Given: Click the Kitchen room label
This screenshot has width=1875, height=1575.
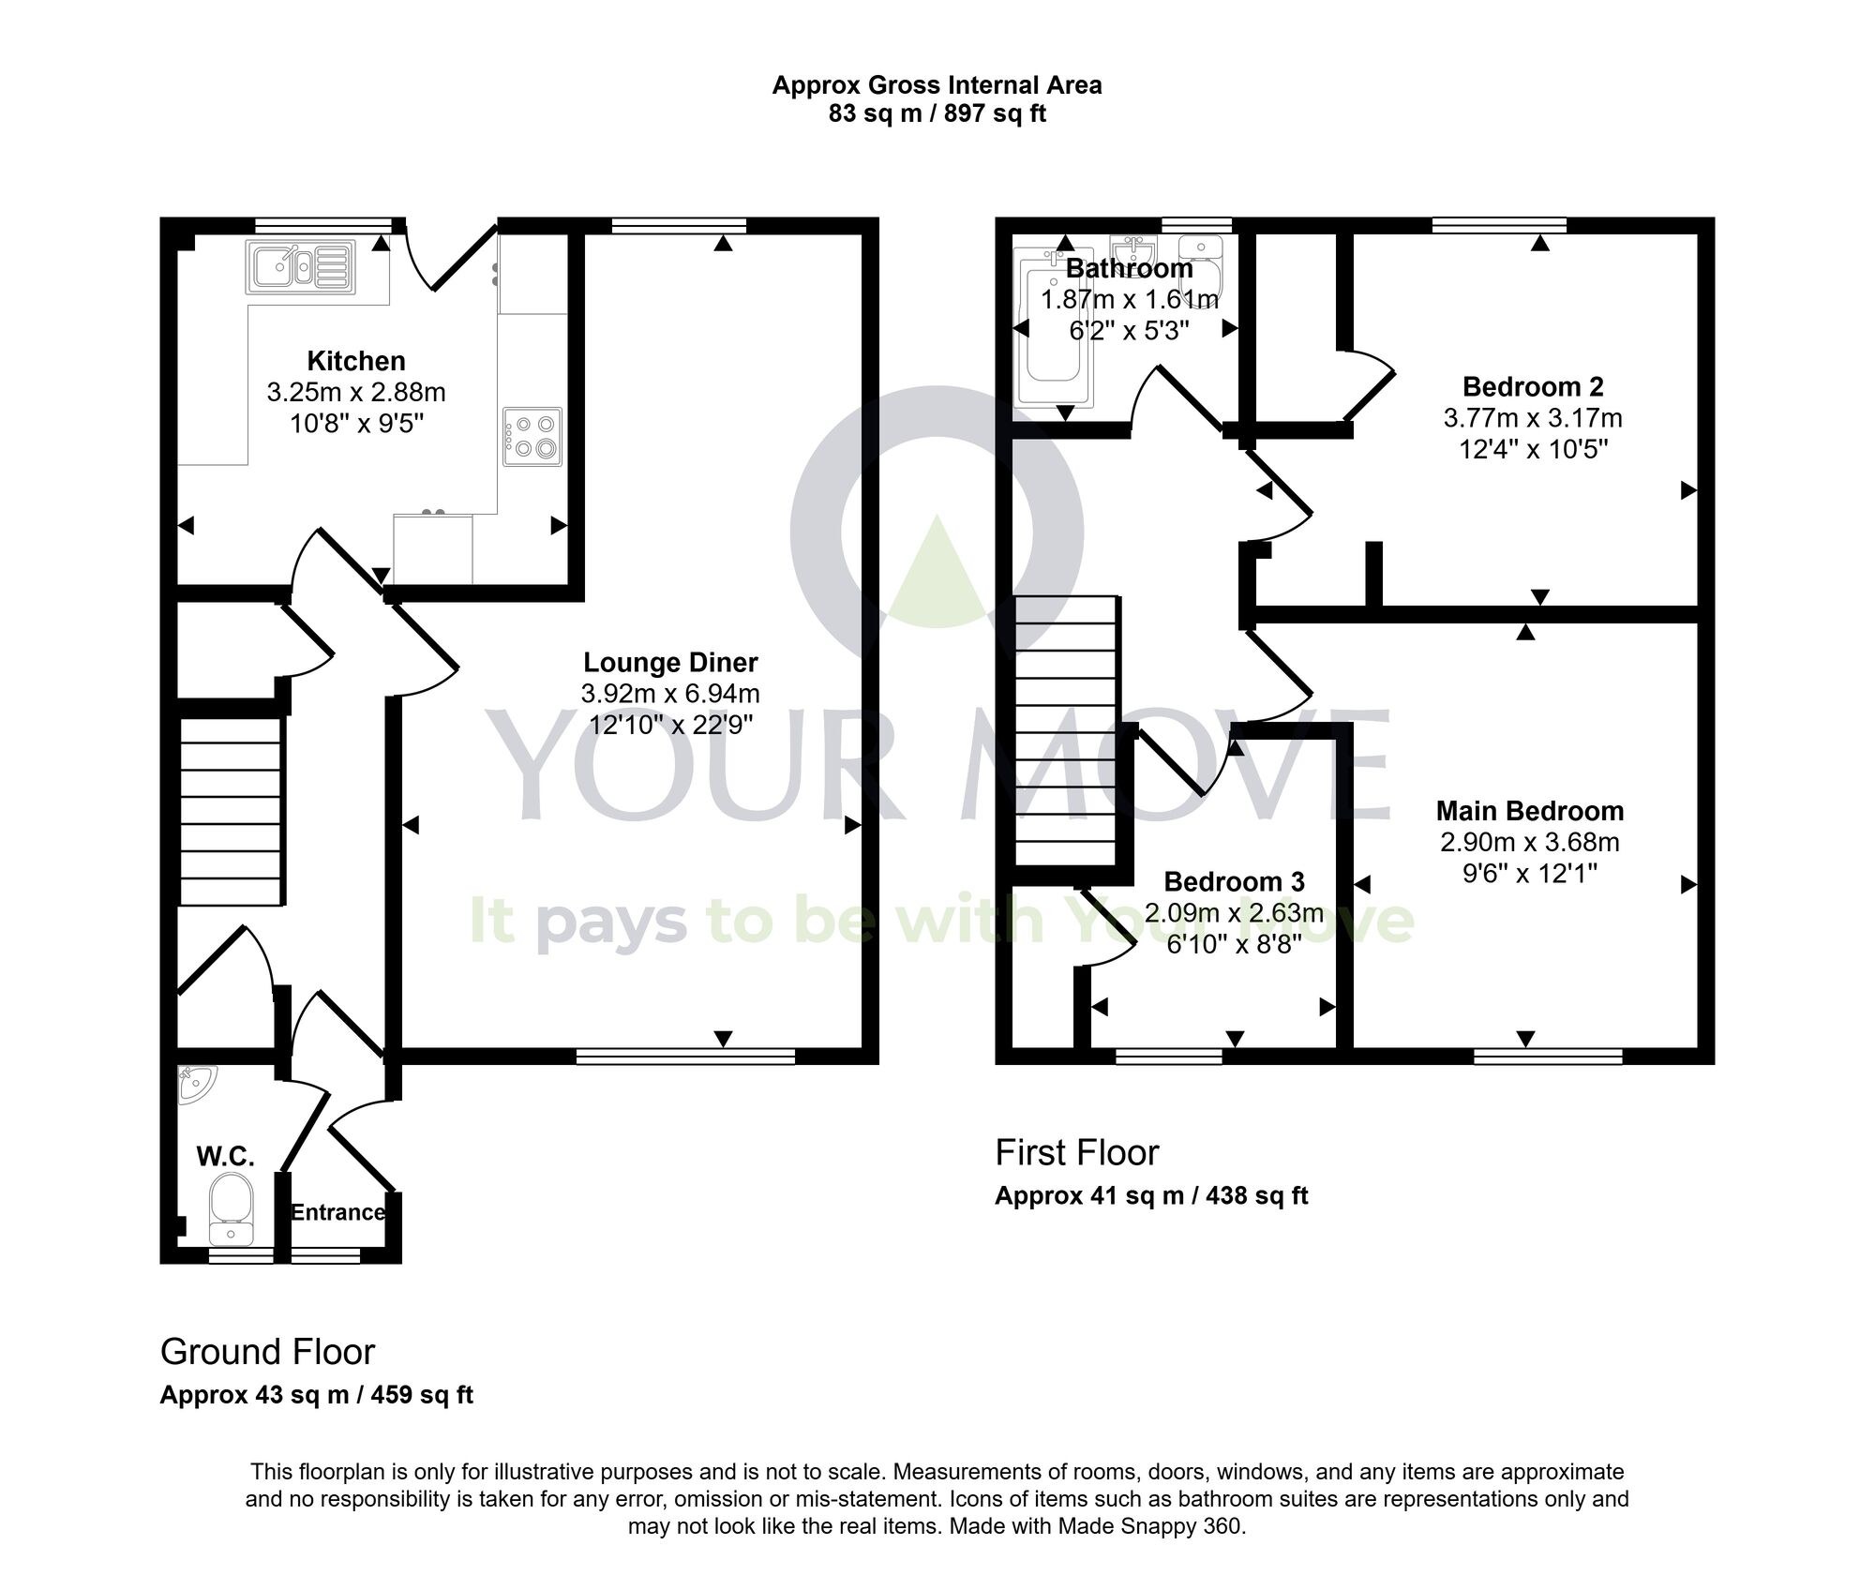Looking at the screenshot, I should click(356, 361).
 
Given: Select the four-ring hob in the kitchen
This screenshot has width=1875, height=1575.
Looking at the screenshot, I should click(532, 436).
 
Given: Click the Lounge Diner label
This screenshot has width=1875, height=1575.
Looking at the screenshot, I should click(670, 663).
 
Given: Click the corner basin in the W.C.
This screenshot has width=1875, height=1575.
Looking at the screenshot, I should click(196, 1084).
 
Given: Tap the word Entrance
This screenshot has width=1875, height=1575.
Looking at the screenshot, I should click(337, 1212).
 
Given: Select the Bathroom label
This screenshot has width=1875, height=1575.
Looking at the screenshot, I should click(1129, 269).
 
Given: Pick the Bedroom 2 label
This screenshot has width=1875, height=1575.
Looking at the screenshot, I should click(1533, 386).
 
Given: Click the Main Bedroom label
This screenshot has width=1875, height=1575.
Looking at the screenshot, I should click(1529, 811).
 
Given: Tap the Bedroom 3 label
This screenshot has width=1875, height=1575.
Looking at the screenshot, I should click(1234, 882).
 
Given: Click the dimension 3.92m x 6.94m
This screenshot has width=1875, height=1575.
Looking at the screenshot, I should click(670, 694).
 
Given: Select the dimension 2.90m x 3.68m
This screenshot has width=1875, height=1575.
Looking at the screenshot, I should click(1529, 842).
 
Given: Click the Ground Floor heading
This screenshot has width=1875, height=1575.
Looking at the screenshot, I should click(267, 1352).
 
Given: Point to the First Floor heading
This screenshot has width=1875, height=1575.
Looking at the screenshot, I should click(1076, 1153).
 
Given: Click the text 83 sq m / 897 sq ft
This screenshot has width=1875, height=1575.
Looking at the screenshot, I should click(937, 114).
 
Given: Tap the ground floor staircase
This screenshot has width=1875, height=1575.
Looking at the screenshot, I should click(230, 812).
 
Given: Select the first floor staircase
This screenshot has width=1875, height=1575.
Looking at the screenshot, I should click(1067, 731).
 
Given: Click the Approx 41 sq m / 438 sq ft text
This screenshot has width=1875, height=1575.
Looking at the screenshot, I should click(1150, 1196).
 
